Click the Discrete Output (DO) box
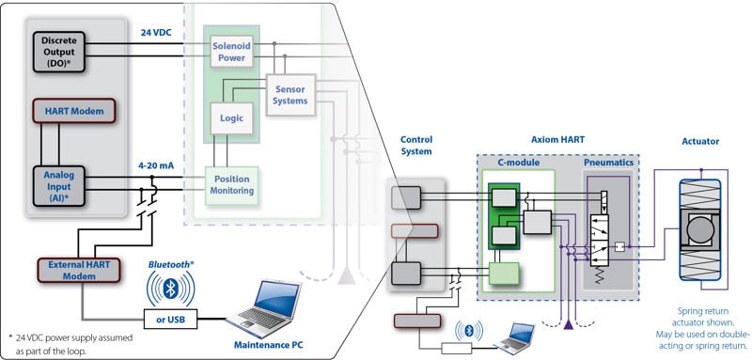[59, 52]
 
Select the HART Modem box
[74, 111]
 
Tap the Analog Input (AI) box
[59, 186]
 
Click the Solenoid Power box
[231, 52]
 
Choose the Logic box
[231, 118]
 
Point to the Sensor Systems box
[291, 95]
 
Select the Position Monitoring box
[231, 185]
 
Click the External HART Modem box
[79, 271]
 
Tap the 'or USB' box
[171, 320]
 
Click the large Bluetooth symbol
[171, 289]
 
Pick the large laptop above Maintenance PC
[263, 308]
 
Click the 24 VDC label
[156, 33]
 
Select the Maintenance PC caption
[269, 345]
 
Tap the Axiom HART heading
[557, 140]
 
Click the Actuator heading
[700, 141]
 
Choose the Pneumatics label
[608, 163]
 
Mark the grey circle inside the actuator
[700, 228]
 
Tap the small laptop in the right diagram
[514, 339]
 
